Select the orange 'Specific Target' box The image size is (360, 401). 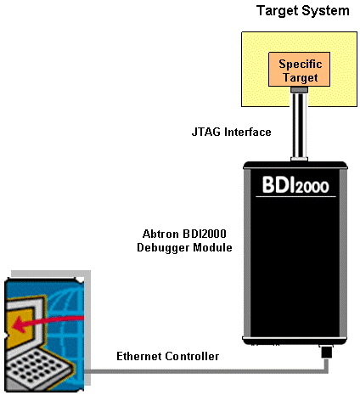[x=299, y=71]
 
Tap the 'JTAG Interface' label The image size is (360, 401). [x=231, y=132]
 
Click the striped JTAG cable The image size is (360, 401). [x=299, y=123]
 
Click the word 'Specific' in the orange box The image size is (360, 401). [x=300, y=65]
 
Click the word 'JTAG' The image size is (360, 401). [x=206, y=132]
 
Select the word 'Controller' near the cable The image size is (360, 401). [x=194, y=356]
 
